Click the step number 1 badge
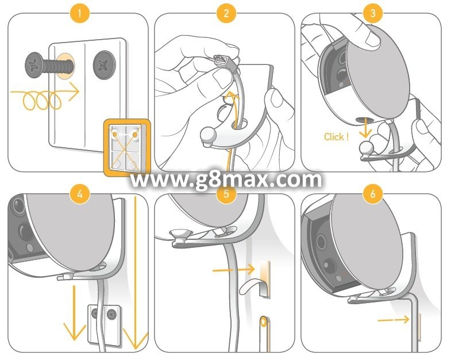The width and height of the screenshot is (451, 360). pos(80,13)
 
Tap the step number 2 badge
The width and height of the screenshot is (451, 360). pos(226,13)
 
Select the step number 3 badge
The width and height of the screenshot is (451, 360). pos(373,13)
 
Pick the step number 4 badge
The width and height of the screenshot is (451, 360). pos(80,194)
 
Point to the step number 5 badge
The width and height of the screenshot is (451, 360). pos(226,194)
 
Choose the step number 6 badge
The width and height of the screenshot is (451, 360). pos(373,194)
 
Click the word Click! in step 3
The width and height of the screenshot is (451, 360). pos(336,136)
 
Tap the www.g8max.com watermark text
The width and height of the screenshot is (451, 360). pos(226,179)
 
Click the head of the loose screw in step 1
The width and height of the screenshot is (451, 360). pos(34,65)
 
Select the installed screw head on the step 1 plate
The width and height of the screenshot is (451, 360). pos(104,65)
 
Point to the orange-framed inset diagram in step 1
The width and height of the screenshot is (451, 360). pos(127,147)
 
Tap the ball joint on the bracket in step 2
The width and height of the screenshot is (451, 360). pos(209,135)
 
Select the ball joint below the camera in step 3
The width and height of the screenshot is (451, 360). pos(367,148)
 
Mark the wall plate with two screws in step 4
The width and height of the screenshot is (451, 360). pos(104,324)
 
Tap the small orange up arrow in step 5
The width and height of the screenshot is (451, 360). pos(263,321)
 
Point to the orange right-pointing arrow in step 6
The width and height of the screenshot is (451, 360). pos(393,319)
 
